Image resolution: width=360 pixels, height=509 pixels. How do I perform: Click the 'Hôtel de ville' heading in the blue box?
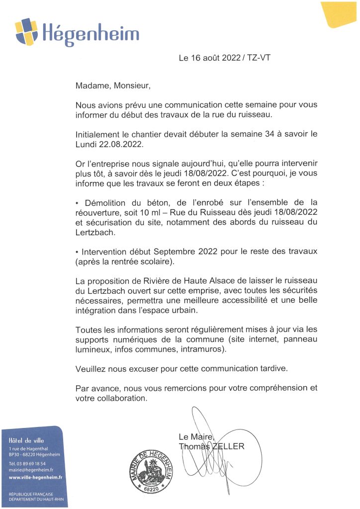coord(24,440)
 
